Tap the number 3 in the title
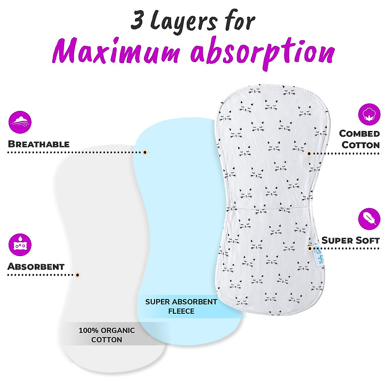click(x=137, y=21)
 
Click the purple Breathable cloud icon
click(x=20, y=122)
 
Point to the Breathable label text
click(x=39, y=144)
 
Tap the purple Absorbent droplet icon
click(x=20, y=245)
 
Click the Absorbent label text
click(x=36, y=266)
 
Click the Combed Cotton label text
click(x=360, y=139)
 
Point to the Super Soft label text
click(x=350, y=240)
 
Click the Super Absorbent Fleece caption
click(x=181, y=306)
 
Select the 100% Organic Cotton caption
click(x=107, y=335)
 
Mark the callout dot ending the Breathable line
click(x=145, y=152)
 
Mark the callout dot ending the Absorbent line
click(x=77, y=275)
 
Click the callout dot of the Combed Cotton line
click(x=309, y=153)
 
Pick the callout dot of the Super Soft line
click(x=310, y=249)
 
